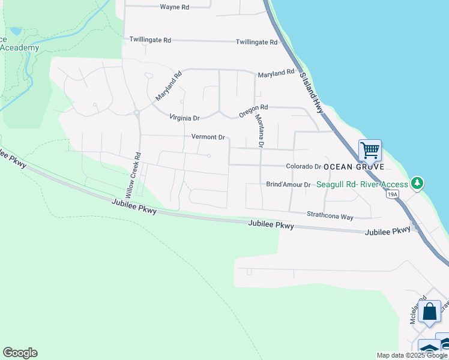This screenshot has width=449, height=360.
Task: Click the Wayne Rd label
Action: click(175, 7)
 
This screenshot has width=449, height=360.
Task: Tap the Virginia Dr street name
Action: click(184, 118)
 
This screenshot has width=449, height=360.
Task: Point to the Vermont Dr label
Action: click(208, 137)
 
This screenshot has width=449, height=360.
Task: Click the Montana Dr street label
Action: click(259, 131)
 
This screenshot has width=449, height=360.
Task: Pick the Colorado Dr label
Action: click(304, 166)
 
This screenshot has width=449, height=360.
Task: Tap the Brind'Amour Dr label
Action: click(288, 185)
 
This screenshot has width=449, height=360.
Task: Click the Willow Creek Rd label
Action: click(133, 175)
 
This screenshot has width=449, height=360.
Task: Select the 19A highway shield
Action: click(393, 194)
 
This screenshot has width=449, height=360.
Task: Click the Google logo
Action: click(20, 353)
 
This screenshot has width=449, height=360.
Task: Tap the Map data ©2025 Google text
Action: click(412, 355)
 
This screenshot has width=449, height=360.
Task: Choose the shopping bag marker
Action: click(430, 312)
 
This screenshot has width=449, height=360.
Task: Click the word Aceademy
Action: click(20, 48)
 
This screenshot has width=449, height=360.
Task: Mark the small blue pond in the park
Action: click(16, 31)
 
